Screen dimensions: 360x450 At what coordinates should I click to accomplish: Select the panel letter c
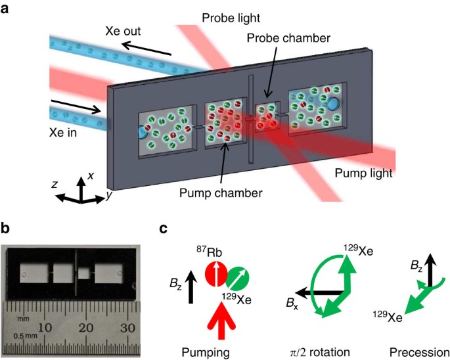point(165,230)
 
